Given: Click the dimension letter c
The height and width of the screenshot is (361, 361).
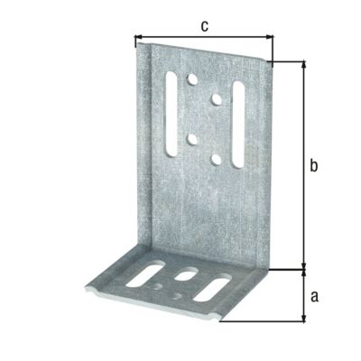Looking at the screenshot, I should point(204,26).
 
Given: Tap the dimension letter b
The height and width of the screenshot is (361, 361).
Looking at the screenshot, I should point(314,165).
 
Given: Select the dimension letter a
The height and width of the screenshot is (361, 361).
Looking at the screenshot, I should point(314,295).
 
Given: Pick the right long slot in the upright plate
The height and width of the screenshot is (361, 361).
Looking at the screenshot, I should point(238,123).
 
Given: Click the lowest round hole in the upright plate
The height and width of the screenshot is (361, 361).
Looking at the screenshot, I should point(217,159).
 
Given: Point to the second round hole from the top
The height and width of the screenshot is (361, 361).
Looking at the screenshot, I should point(217,98).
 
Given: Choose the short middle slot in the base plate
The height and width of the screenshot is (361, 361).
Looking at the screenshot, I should point(188,273).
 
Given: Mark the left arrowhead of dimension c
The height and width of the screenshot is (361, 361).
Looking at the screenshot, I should point(138,39).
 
